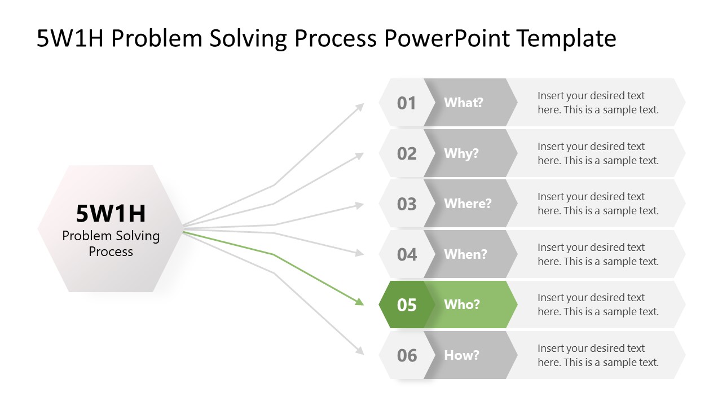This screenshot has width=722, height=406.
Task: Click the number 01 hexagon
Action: pos(406,103)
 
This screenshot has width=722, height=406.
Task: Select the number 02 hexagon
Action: pos(406,153)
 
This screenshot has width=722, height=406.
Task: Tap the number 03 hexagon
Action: pos(406,204)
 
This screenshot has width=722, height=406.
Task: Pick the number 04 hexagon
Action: pos(406,254)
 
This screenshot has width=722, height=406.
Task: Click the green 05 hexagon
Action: pos(406,304)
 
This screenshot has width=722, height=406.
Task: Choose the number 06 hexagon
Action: pos(406,355)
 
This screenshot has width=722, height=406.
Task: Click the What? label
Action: pos(463,103)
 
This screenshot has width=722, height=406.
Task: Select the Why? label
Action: pos(461,153)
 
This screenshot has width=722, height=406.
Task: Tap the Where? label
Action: pos(468,204)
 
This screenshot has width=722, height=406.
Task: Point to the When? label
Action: pos(465,254)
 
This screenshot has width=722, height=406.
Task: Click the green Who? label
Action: pos(462,304)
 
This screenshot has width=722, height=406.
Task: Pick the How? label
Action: pos(461,355)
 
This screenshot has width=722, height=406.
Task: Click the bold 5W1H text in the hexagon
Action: pos(111,214)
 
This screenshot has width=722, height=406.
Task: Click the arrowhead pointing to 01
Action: pos(360,106)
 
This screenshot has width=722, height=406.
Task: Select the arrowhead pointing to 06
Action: pos(359,351)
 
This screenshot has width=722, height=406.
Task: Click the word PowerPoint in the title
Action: pos(447,38)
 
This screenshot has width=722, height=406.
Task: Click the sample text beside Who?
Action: pos(598,304)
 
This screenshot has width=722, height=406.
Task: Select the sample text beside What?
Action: pos(598,103)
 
